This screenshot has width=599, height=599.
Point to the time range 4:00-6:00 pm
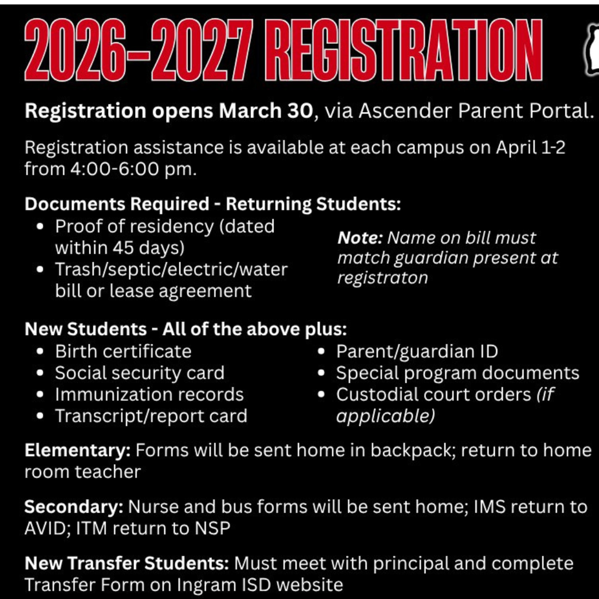pos(133,169)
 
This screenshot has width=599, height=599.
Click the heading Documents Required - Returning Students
pos(212,204)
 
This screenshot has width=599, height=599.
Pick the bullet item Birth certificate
pos(123,351)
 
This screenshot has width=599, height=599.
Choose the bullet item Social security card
pos(140,373)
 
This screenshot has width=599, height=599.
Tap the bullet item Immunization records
pos(149,394)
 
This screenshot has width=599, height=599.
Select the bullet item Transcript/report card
pos(151,416)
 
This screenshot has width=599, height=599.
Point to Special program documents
pos(458,373)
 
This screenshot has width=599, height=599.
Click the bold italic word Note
pos(360,238)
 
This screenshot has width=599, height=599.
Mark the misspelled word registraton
pos(383,277)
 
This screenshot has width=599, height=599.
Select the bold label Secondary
pos(74,507)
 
